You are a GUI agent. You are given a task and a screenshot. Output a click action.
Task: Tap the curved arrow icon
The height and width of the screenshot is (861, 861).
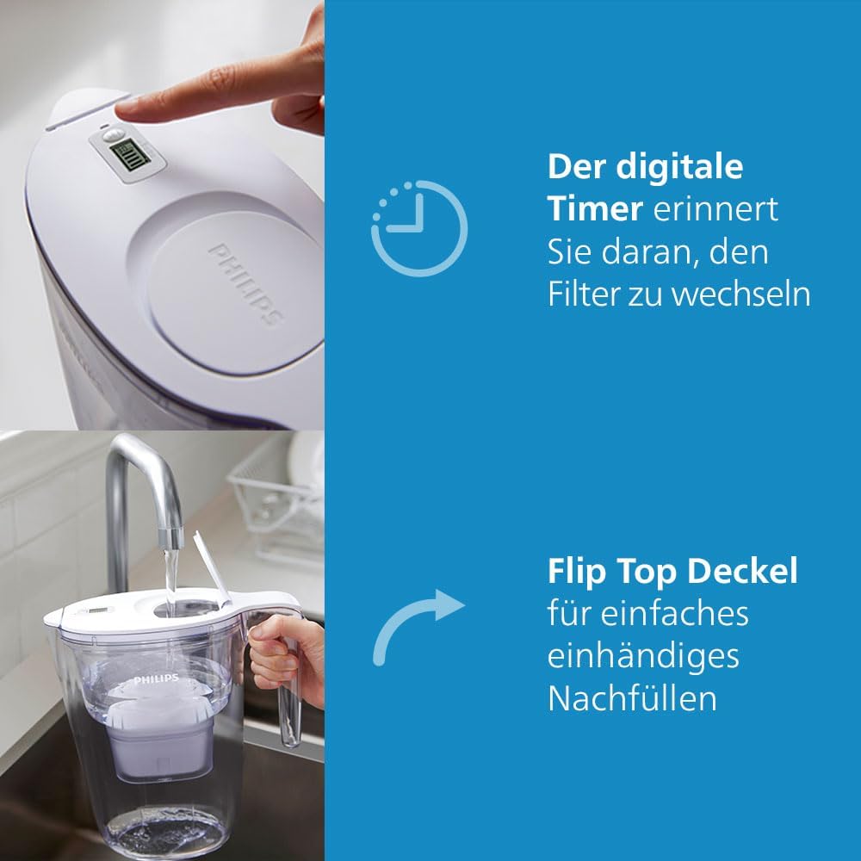(x=407, y=614)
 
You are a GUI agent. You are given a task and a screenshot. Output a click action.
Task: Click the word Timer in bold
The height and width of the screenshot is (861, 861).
(x=595, y=209)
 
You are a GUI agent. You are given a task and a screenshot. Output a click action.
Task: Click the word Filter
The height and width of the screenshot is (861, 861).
(x=583, y=294)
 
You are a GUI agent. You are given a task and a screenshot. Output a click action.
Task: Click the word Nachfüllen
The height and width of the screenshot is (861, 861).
(x=632, y=698)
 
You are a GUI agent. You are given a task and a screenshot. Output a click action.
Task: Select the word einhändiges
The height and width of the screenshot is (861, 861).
(x=643, y=657)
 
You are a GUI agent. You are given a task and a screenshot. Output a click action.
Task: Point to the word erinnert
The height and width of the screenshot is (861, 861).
(x=715, y=209)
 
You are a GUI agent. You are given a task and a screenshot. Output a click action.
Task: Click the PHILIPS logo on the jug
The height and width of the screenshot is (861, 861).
(x=156, y=679)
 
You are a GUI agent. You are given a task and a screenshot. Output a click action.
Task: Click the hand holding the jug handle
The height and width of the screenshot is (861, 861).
(x=287, y=659)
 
